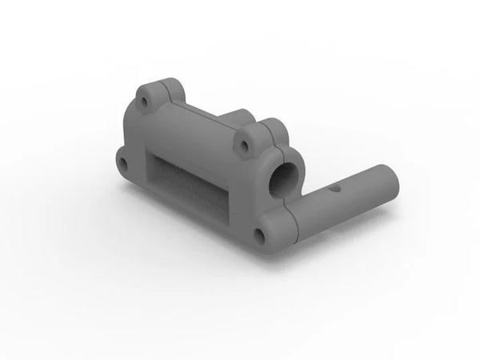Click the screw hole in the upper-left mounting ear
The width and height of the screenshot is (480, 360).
coord(144,103)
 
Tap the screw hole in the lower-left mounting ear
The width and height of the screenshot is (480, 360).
coord(123,164)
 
